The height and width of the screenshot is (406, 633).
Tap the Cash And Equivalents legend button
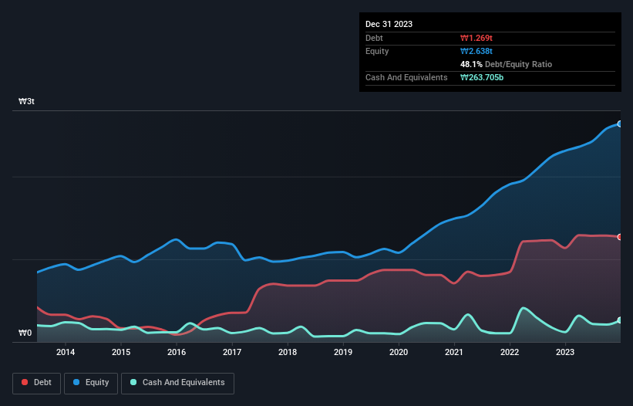coord(177,382)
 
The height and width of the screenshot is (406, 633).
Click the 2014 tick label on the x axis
coord(66,353)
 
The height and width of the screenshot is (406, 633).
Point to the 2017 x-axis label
coord(232,353)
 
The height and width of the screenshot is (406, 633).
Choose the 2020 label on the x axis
coord(399,353)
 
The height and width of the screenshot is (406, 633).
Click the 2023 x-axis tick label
coord(565,353)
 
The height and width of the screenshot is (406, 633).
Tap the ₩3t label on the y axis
coord(26,102)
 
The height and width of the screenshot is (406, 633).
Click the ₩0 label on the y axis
coord(25,333)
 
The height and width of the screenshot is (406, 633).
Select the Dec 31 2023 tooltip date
coord(389,24)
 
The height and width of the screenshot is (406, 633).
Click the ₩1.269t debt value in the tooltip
coord(476,38)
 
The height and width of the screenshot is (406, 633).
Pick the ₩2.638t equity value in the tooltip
coord(476,51)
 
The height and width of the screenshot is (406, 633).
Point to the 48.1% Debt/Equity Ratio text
coord(506,64)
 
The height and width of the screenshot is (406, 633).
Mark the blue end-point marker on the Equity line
coord(619,123)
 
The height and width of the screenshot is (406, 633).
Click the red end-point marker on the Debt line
coord(619,237)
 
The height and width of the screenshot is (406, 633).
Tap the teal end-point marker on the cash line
coord(619,320)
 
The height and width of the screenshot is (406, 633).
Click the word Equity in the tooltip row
coord(377,51)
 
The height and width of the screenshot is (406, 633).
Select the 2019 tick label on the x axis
coord(343,353)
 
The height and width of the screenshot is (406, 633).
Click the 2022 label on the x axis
coord(510,353)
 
